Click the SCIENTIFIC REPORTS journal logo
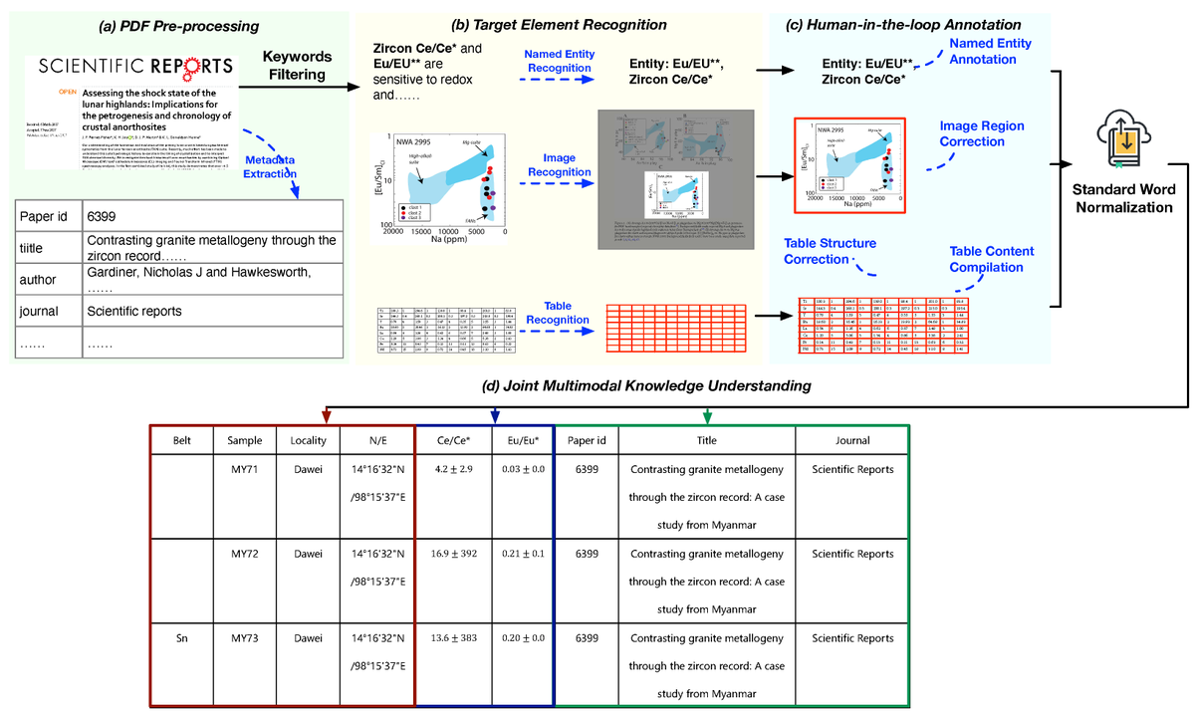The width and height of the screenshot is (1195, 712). pos(135,68)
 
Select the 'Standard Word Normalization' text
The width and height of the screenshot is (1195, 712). pos(1123,198)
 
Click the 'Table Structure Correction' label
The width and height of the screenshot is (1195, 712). pos(830,250)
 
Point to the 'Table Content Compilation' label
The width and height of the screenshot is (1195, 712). pos(991,259)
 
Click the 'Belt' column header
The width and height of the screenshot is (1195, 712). pos(181,440)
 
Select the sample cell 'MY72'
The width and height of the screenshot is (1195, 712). pos(246,553)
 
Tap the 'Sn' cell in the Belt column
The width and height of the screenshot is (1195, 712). pos(181,637)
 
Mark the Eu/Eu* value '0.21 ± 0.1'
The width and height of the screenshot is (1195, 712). pos(522,553)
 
